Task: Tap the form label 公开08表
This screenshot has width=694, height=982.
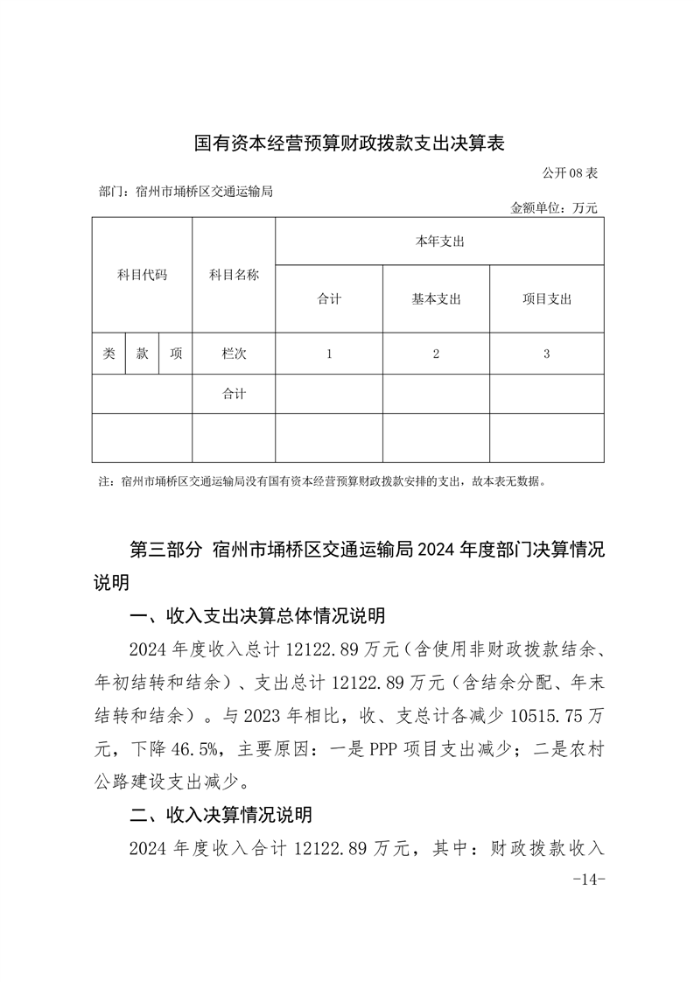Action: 569,172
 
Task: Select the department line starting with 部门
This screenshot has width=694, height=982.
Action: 187,190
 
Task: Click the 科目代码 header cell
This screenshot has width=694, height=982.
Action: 142,275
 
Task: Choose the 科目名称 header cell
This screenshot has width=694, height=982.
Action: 234,275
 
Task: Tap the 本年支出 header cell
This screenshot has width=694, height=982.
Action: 439,242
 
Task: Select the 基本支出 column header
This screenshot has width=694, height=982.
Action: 436,299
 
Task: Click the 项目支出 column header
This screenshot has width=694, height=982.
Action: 546,299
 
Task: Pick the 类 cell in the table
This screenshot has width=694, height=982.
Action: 109,354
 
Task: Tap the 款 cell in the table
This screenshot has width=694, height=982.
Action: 142,354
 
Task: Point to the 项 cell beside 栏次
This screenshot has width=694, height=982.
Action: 176,354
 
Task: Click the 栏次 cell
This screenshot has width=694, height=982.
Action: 234,354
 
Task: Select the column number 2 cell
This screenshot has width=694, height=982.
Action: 436,354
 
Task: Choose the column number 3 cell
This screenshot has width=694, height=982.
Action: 546,354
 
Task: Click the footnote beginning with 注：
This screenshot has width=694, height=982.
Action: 324,481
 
